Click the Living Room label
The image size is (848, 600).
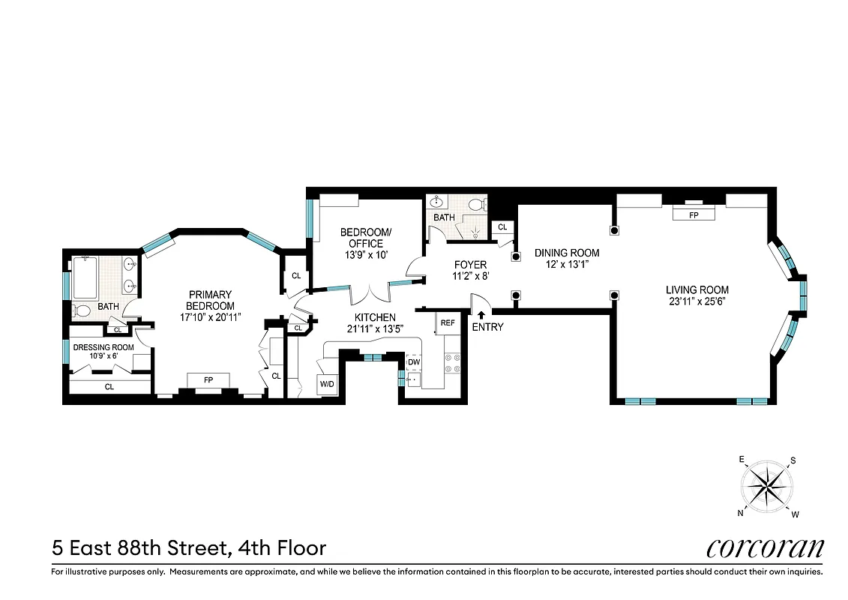[697, 290]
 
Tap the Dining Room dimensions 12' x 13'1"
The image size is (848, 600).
[566, 264]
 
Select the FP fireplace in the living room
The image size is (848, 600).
[693, 214]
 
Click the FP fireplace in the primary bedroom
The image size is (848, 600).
[209, 380]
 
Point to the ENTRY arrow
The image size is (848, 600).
[481, 316]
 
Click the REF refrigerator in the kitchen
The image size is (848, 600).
[448, 322]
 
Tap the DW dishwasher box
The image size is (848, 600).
[414, 361]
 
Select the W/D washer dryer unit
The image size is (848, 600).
[328, 385]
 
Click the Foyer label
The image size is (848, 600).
[470, 265]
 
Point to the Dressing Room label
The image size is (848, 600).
[103, 347]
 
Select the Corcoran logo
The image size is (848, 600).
[765, 547]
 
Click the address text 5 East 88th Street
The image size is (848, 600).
[139, 548]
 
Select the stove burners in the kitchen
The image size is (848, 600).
[452, 364]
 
